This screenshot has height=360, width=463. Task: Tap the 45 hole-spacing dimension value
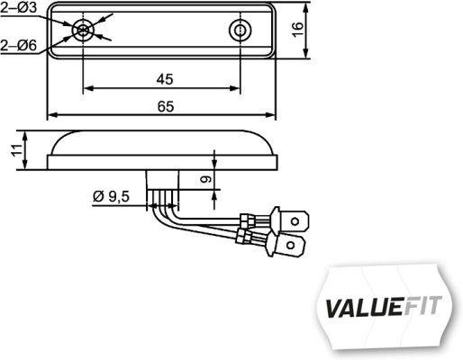164,79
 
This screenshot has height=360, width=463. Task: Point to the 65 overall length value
164,106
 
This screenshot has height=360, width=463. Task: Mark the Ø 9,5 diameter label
111,195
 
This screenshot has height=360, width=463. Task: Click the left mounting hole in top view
84,31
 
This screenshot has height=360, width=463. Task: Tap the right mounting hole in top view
240,31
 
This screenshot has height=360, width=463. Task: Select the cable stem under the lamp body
166,186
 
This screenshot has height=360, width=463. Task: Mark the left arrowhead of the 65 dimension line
50,115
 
